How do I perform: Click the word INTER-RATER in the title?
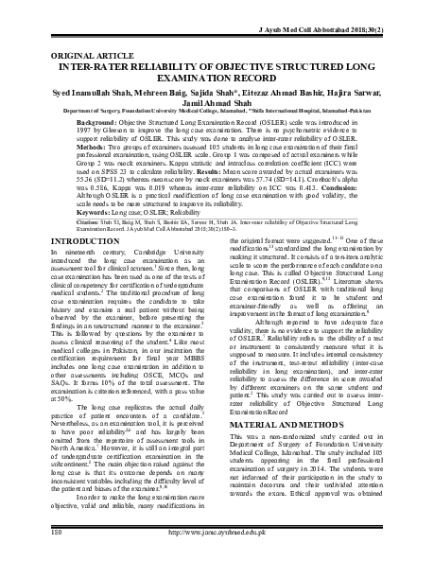click(x=95, y=42)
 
